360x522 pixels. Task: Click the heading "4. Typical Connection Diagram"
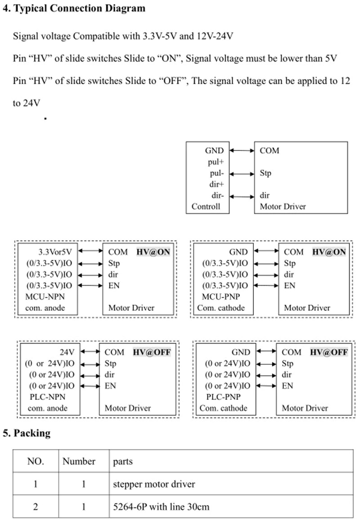click(x=74, y=8)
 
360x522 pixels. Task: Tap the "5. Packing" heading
click(x=27, y=433)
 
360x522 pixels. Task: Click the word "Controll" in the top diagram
click(x=206, y=207)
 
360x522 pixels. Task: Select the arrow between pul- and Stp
click(x=241, y=173)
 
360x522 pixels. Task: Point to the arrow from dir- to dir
click(x=241, y=196)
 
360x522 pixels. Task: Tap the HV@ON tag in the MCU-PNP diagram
click(x=329, y=252)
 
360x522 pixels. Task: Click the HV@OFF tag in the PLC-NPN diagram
click(x=152, y=352)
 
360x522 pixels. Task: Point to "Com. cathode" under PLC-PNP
click(x=223, y=408)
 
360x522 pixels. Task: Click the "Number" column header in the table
click(x=79, y=462)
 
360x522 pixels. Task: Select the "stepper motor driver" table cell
click(x=154, y=484)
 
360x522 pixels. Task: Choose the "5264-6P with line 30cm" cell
click(x=161, y=507)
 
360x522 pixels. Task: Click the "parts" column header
click(x=123, y=462)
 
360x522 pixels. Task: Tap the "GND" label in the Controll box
click(x=214, y=151)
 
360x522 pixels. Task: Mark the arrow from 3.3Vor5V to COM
click(x=90, y=252)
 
